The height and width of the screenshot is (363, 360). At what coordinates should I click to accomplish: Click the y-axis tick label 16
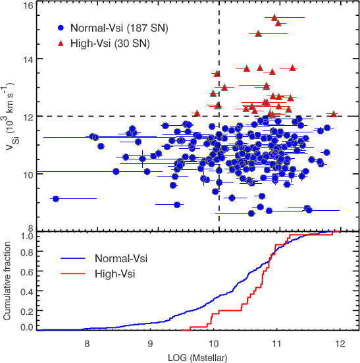tap(28, 6)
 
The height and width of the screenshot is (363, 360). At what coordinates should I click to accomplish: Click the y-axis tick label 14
tap(28, 59)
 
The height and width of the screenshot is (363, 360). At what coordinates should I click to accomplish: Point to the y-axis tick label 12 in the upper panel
tap(28, 116)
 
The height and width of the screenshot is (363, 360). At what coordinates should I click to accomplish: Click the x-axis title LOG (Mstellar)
tap(199, 356)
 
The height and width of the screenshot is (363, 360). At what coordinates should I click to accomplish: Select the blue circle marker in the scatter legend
tap(61, 29)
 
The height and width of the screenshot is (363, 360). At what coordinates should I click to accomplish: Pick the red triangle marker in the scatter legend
tap(61, 44)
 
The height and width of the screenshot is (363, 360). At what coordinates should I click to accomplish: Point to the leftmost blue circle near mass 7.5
tap(56, 198)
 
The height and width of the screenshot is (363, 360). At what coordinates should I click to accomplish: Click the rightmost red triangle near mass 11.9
tap(334, 114)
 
